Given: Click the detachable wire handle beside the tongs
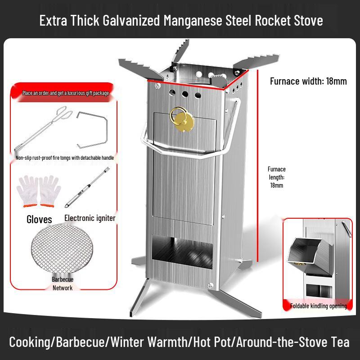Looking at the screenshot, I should tap(92, 130).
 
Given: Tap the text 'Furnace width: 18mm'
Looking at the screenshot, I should tap(308, 81).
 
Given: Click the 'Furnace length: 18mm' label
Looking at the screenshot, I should tap(276, 177).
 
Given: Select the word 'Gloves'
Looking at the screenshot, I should tap(39, 219).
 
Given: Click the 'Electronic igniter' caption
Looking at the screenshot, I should tap(90, 218).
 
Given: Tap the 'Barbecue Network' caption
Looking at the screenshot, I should tap(62, 283).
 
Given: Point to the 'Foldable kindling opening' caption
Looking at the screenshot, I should tap(319, 306).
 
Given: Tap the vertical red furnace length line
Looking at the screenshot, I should tap(257, 166).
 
